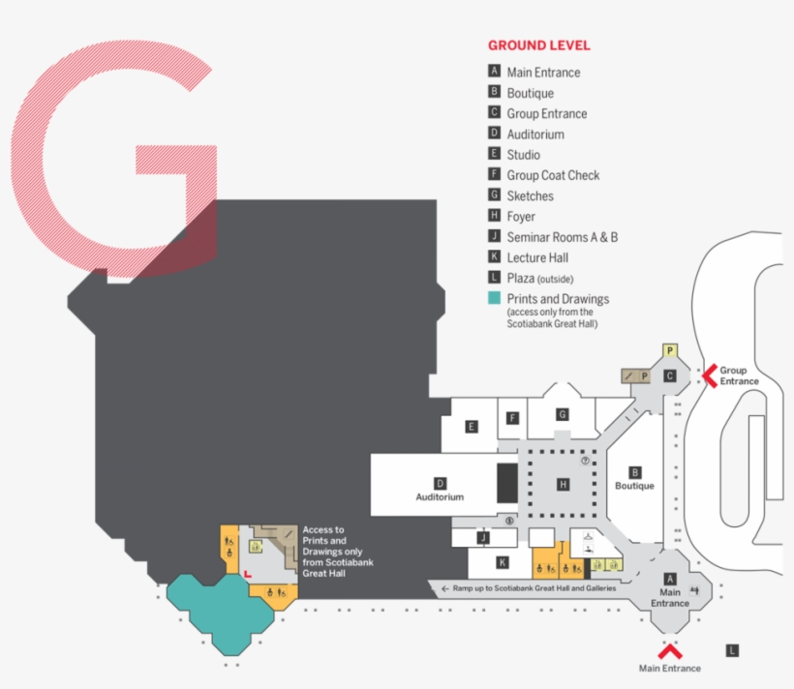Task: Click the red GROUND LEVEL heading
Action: click(x=538, y=45)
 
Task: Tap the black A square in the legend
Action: click(x=494, y=72)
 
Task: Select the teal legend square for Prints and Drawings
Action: click(x=494, y=299)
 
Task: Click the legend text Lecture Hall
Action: click(x=537, y=257)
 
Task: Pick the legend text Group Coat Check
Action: click(x=553, y=175)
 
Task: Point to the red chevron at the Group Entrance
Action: click(x=709, y=374)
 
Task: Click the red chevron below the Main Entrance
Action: click(x=669, y=647)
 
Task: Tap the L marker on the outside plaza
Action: click(x=732, y=650)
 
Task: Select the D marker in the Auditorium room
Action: click(x=440, y=483)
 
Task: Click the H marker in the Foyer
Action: click(x=563, y=484)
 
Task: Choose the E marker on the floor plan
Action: click(x=471, y=426)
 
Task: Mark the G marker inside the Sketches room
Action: click(x=562, y=414)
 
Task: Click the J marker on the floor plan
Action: click(x=483, y=537)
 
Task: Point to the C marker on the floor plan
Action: click(x=669, y=375)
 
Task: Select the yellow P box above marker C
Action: click(x=669, y=350)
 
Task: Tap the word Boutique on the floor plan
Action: click(x=635, y=486)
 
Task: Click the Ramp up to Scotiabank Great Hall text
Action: click(x=534, y=588)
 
